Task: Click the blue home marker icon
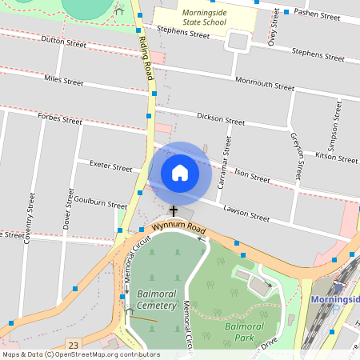coord(180,173)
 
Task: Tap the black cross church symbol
coord(173,211)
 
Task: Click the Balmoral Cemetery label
coord(155,300)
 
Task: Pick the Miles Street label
coord(64,81)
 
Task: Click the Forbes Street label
coord(60,119)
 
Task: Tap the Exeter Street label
coord(110,167)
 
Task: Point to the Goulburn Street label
coord(100,204)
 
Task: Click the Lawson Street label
coord(247,213)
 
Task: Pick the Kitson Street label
coord(336,156)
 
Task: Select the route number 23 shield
coord(74,344)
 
